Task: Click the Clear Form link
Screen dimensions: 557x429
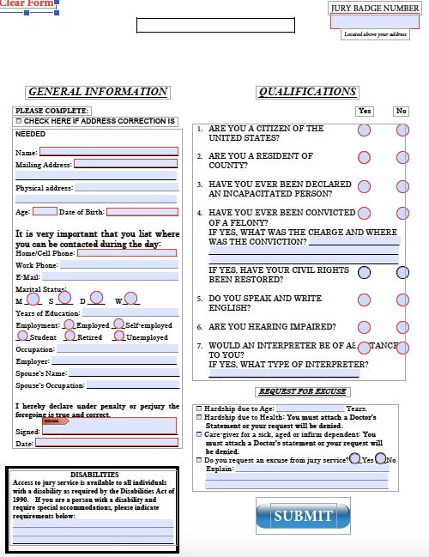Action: click(29, 6)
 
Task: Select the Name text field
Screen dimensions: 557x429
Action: click(109, 152)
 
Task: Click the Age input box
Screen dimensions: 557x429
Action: click(45, 211)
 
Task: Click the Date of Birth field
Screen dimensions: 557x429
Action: click(142, 211)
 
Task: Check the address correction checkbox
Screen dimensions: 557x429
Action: click(19, 122)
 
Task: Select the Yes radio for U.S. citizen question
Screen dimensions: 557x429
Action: click(364, 130)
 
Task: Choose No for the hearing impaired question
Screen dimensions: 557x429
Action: click(402, 328)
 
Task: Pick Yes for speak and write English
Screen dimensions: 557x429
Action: click(364, 300)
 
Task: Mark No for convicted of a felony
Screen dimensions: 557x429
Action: click(402, 213)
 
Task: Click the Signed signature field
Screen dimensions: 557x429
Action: click(109, 425)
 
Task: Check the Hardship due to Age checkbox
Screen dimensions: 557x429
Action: click(199, 409)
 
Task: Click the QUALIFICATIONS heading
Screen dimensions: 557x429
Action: click(307, 92)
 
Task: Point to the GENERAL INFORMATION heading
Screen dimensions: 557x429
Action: click(97, 92)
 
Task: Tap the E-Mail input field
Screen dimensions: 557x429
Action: click(110, 278)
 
